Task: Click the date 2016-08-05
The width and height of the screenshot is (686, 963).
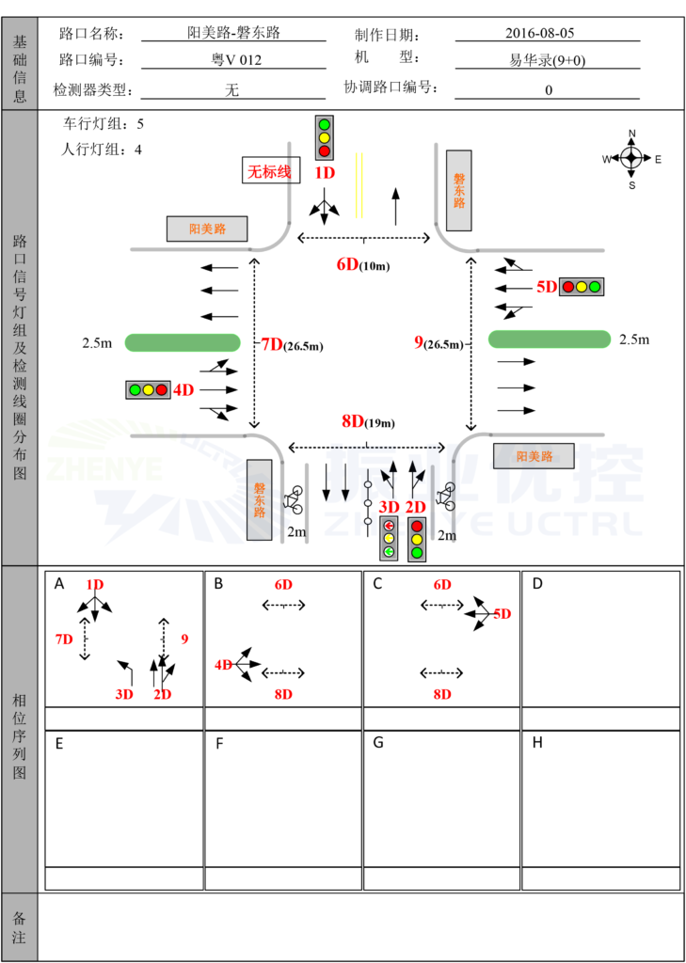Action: [x=539, y=33]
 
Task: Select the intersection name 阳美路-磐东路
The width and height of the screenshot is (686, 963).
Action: [x=233, y=33]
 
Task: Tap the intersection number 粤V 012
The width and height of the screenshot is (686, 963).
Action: [x=233, y=60]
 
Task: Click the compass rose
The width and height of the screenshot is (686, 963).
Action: [x=631, y=159]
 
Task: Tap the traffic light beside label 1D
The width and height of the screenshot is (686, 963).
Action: [x=324, y=137]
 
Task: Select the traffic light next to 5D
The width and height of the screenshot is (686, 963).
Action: [x=582, y=287]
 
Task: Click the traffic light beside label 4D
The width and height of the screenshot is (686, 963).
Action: [x=148, y=389]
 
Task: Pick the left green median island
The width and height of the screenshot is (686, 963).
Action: [x=183, y=342]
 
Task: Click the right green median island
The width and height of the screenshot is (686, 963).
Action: [x=549, y=339]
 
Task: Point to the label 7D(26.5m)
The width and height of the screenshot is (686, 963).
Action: [x=292, y=344]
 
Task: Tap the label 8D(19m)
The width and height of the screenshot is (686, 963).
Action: [x=366, y=421]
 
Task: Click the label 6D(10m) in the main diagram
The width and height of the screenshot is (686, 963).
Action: [x=362, y=264]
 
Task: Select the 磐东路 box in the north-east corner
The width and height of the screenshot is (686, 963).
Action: [x=458, y=190]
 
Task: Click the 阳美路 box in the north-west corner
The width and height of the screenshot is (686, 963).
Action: [x=207, y=229]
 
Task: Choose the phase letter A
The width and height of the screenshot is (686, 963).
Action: [x=59, y=584]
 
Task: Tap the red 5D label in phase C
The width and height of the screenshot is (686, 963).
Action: [x=503, y=614]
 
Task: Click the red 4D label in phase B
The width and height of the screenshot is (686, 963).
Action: [x=224, y=665]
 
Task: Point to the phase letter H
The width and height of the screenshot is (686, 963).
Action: [x=536, y=743]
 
